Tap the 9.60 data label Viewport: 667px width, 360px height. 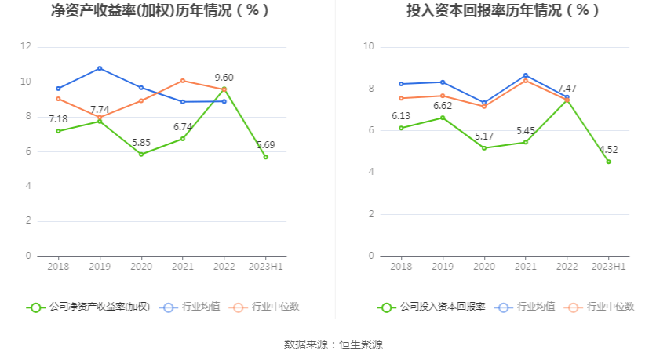point(224,78)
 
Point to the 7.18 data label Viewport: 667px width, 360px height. point(58,118)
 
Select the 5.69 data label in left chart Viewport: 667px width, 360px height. point(265,144)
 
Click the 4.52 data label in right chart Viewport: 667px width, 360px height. point(608,149)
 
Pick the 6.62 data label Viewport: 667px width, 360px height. point(443,105)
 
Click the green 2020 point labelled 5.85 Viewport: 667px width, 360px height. point(141,154)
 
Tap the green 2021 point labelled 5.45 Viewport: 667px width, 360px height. point(525,142)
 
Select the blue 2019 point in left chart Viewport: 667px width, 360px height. point(100,68)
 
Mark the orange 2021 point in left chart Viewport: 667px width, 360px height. point(183,81)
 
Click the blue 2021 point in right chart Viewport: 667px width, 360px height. point(525,75)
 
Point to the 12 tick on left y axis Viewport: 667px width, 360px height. point(26,47)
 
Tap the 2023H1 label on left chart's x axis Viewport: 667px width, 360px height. point(265,267)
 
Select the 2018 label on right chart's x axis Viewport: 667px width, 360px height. point(401,267)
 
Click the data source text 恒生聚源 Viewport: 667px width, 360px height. point(362,344)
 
